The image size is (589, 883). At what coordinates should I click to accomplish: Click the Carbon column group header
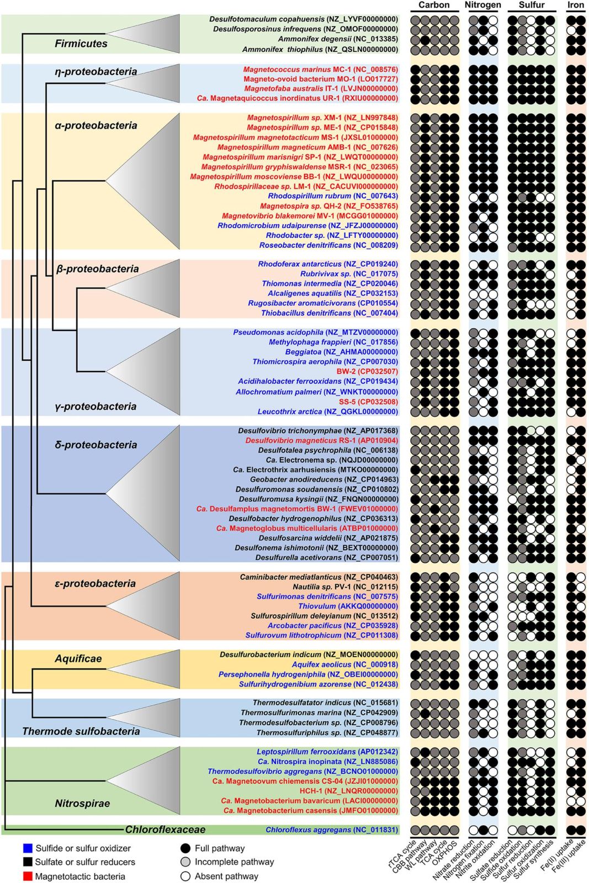[x=434, y=5]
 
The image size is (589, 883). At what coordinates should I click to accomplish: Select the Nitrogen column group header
[x=482, y=5]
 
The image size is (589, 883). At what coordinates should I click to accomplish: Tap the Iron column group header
[x=575, y=5]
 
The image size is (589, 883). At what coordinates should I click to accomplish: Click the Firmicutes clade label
[x=81, y=44]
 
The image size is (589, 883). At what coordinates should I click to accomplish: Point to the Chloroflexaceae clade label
[x=165, y=829]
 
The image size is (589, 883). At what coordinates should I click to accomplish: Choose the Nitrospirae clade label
[x=82, y=804]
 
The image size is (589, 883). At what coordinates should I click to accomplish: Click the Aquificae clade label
[x=78, y=658]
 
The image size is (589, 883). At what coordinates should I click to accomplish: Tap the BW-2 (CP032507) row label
[x=367, y=371]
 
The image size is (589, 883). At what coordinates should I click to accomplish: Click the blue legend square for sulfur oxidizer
[x=28, y=848]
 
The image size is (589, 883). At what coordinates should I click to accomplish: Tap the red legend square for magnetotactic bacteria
[x=28, y=876]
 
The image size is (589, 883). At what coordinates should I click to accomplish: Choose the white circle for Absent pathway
[x=185, y=876]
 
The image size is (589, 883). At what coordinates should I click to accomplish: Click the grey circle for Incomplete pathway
[x=185, y=862]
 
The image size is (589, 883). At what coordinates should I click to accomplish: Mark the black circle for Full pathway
[x=185, y=848]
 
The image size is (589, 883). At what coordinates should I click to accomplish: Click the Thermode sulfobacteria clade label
[x=81, y=731]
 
